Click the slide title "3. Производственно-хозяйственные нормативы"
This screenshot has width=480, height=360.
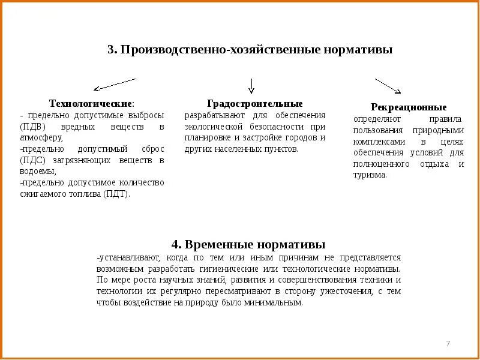coord(250,50)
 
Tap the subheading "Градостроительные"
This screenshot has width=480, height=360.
coord(255,104)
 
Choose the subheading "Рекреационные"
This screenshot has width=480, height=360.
coord(408,107)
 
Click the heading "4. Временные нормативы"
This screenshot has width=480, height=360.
coord(248,244)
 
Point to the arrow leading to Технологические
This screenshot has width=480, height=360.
coord(114,85)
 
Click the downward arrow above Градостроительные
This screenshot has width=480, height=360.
coord(251,86)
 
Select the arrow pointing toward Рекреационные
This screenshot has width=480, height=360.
coord(388,86)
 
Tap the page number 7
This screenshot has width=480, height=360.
coord(448,343)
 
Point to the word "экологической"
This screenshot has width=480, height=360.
coord(212,127)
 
